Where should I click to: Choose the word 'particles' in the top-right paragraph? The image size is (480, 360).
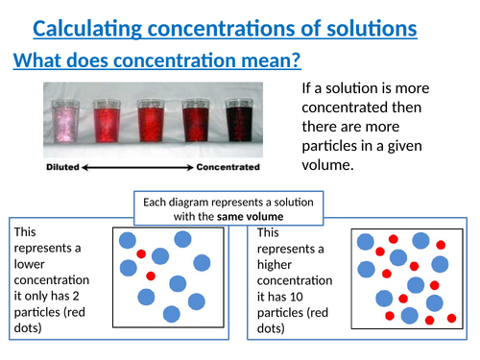(332, 144)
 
